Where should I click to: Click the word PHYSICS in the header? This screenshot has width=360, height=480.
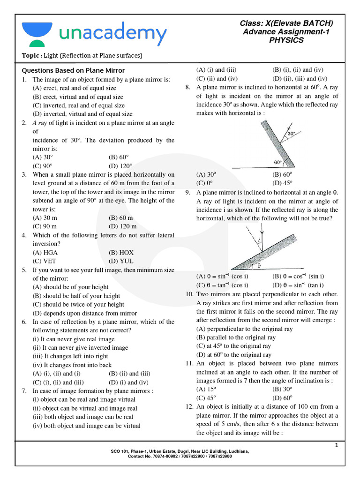286,40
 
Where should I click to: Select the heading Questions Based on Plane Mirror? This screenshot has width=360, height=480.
74,71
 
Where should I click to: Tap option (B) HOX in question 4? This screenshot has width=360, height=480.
121,252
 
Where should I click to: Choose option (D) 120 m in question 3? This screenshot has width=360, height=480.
121,226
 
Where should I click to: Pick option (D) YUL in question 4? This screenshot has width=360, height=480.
121,261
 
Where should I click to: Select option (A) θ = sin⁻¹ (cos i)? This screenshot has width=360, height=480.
222,276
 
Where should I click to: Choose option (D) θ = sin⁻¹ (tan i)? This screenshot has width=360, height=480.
298,285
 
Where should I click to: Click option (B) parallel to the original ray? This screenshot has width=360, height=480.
236,337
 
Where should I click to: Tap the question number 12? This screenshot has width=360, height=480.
190,406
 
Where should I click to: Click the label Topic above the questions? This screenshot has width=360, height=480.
31,56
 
